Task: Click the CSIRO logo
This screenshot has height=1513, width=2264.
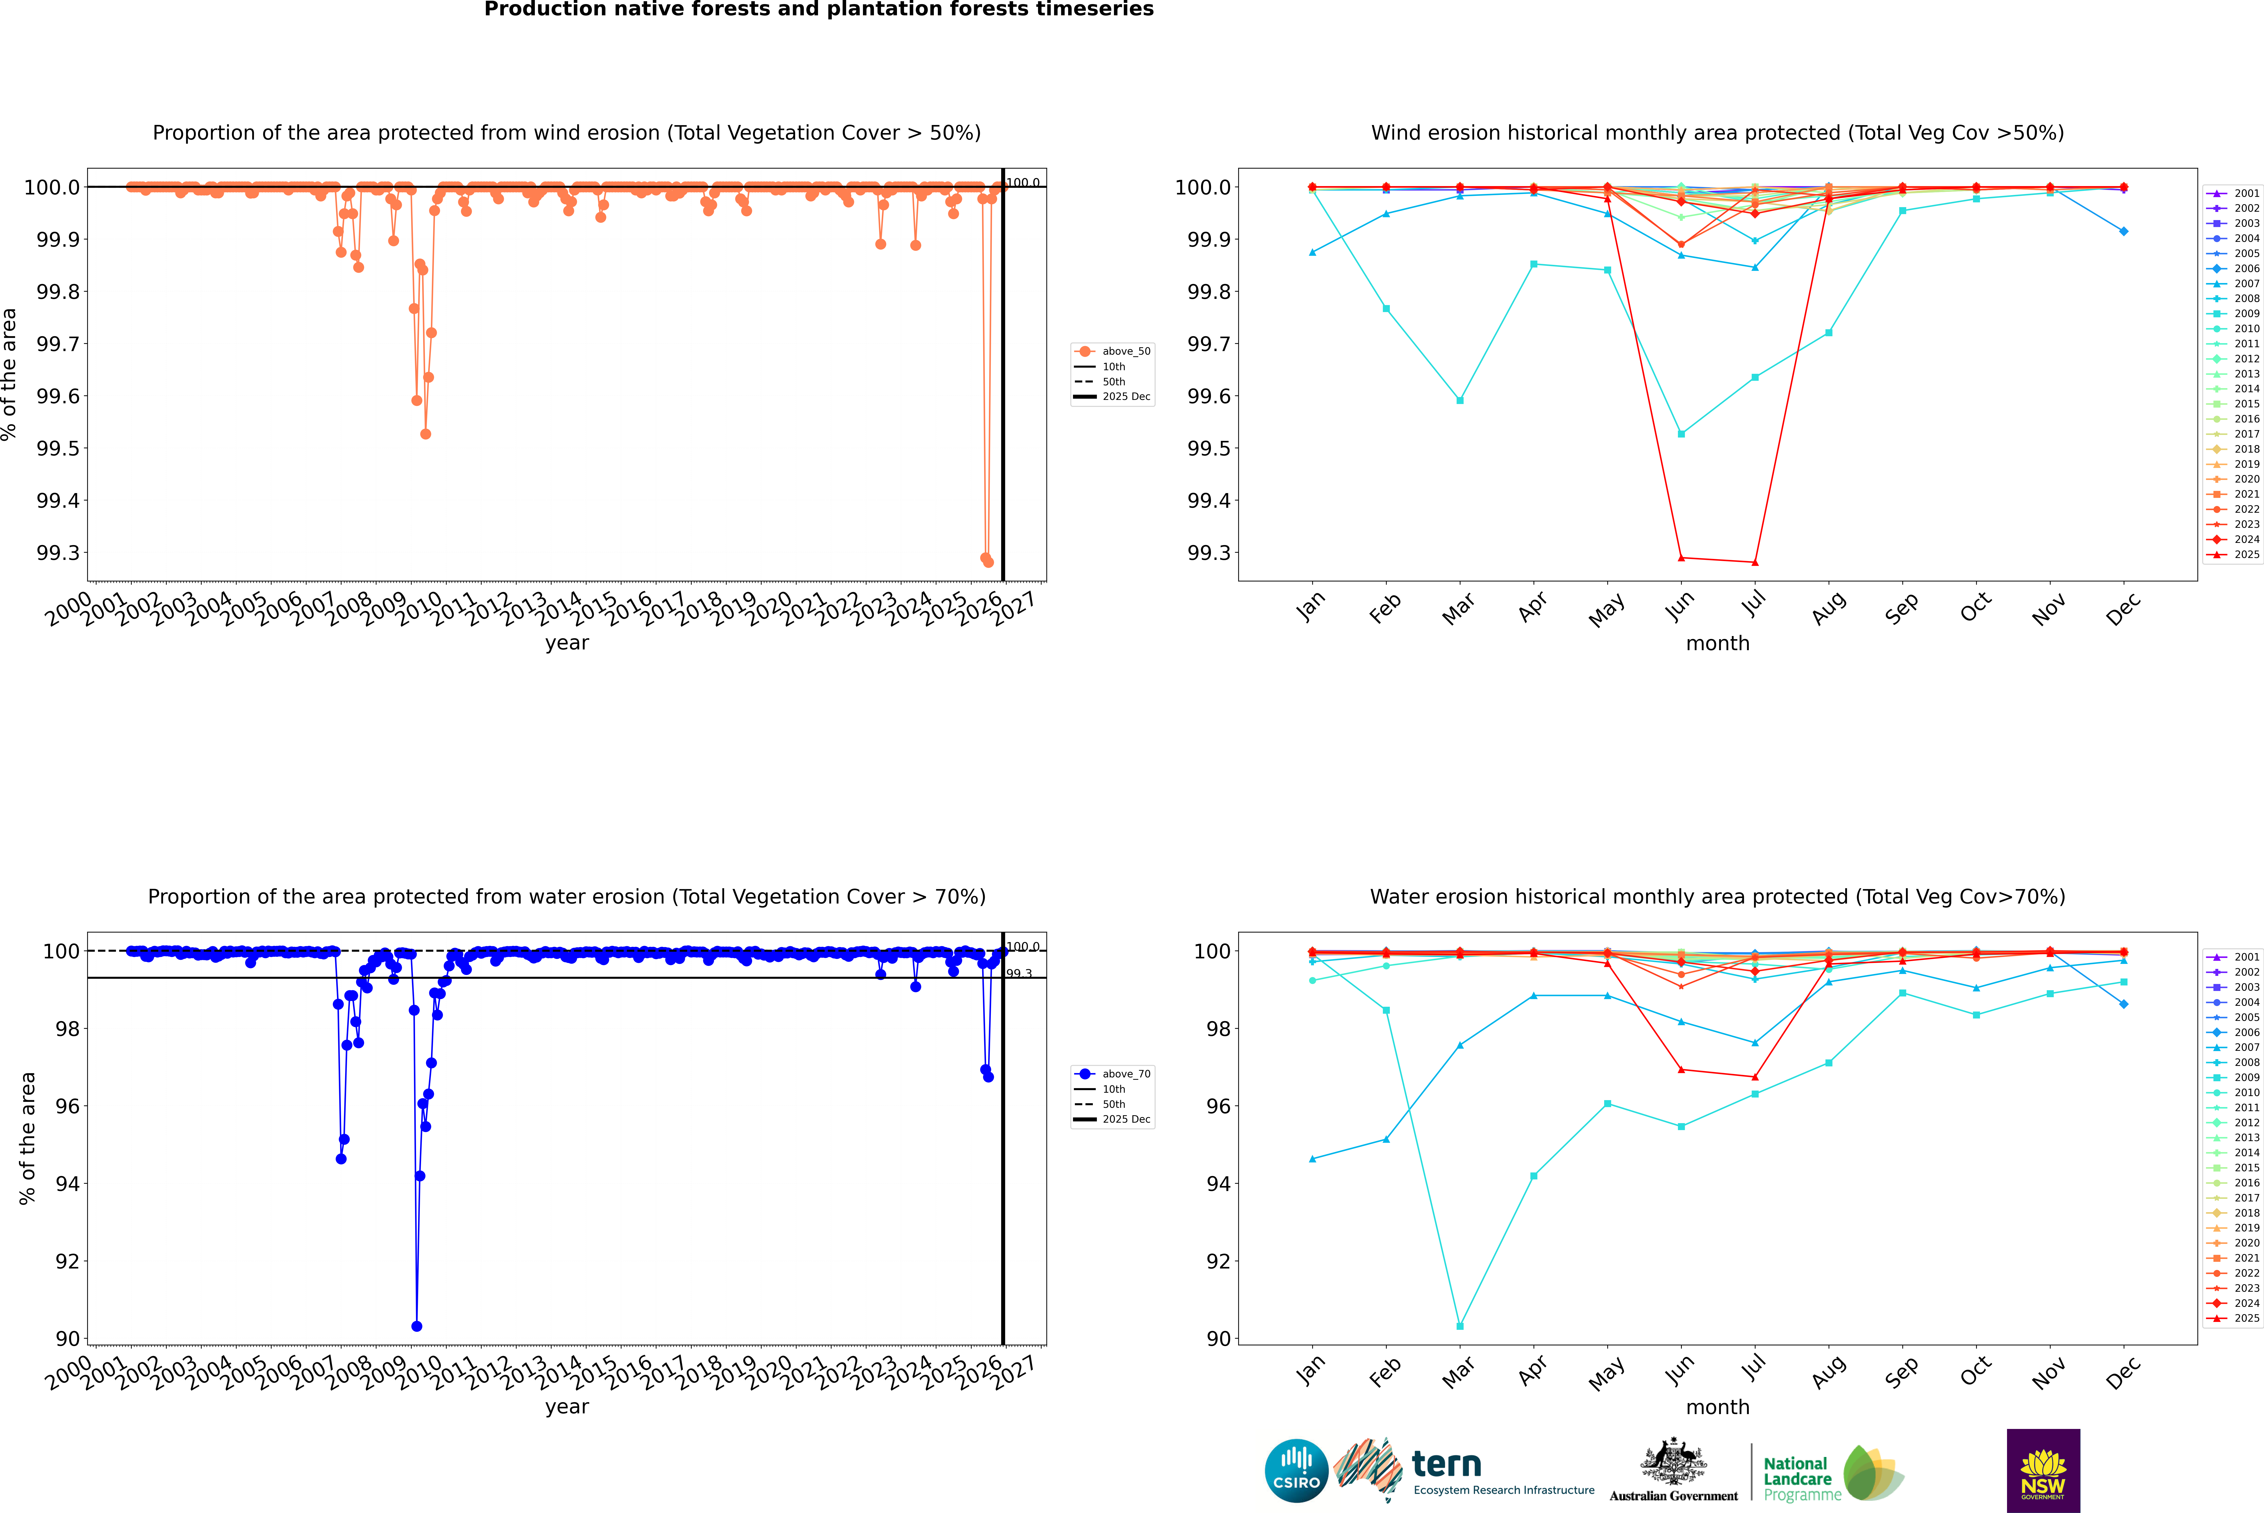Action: [1296, 1471]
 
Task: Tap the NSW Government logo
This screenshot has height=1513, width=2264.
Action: [2043, 1471]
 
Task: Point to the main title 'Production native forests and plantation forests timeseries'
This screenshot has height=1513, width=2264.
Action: [818, 10]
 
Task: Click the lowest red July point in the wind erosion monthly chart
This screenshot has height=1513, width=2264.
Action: [1754, 563]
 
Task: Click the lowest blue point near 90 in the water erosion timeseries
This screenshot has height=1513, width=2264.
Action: [417, 1326]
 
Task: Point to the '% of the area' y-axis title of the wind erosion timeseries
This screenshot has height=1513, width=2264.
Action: [10, 374]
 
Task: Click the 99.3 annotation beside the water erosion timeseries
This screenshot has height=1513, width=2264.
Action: [1019, 974]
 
